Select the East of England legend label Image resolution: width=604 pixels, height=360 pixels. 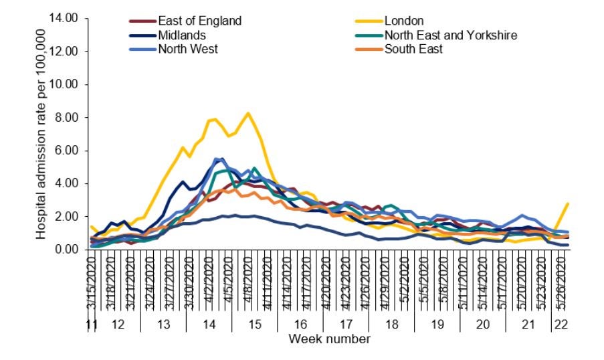(199, 21)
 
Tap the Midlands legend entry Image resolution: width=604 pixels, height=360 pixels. (181, 35)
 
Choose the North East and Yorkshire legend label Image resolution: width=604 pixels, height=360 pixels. (450, 35)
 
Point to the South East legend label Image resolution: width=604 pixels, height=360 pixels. (413, 49)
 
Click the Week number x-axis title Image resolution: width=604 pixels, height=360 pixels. (329, 339)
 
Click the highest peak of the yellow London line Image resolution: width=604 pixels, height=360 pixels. (248, 113)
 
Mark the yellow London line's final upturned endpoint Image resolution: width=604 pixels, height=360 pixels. (568, 203)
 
